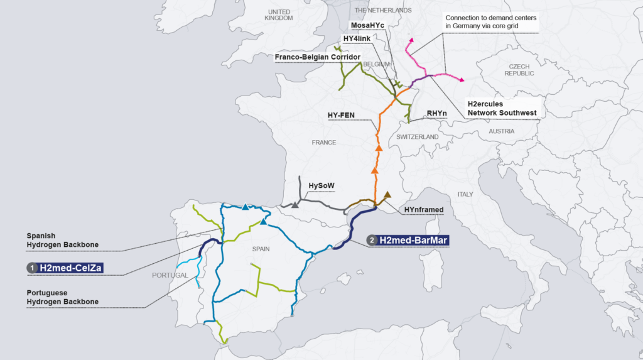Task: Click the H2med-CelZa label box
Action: (70, 268)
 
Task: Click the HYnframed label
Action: (424, 210)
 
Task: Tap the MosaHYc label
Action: (367, 25)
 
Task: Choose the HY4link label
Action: (356, 38)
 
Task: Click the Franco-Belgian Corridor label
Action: (317, 57)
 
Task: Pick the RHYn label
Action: (436, 114)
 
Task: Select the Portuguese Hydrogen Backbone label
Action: (62, 297)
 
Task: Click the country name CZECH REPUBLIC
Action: (519, 70)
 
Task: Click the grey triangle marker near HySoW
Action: (294, 204)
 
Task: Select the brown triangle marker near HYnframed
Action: (387, 195)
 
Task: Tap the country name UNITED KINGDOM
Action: (279, 15)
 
